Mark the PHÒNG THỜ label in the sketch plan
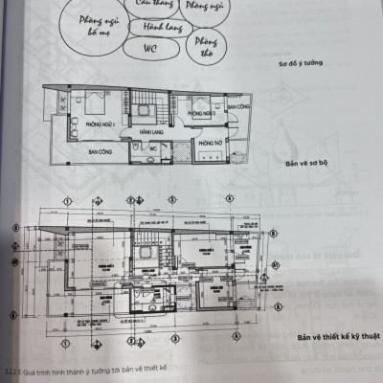coord(210,144)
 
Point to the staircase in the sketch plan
coord(148,108)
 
